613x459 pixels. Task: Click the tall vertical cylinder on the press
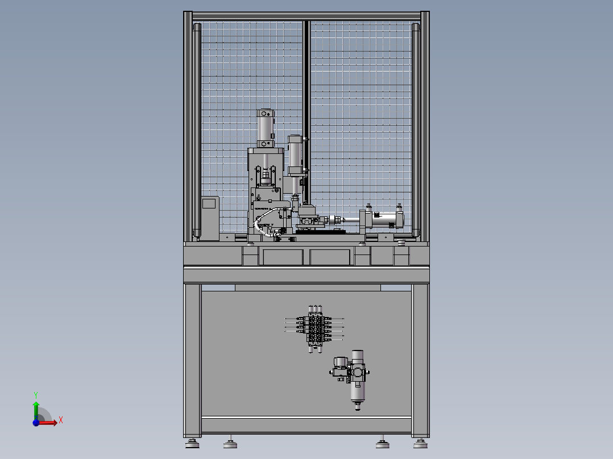coord(266,128)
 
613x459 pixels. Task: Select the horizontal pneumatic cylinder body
coord(384,220)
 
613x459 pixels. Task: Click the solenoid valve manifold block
coord(315,329)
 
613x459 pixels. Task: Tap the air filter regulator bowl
coord(357,392)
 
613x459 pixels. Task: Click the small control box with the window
coord(210,218)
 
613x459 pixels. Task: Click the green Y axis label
coord(36,395)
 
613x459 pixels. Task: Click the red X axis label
coord(61,420)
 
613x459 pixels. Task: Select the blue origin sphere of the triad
coord(36,423)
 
